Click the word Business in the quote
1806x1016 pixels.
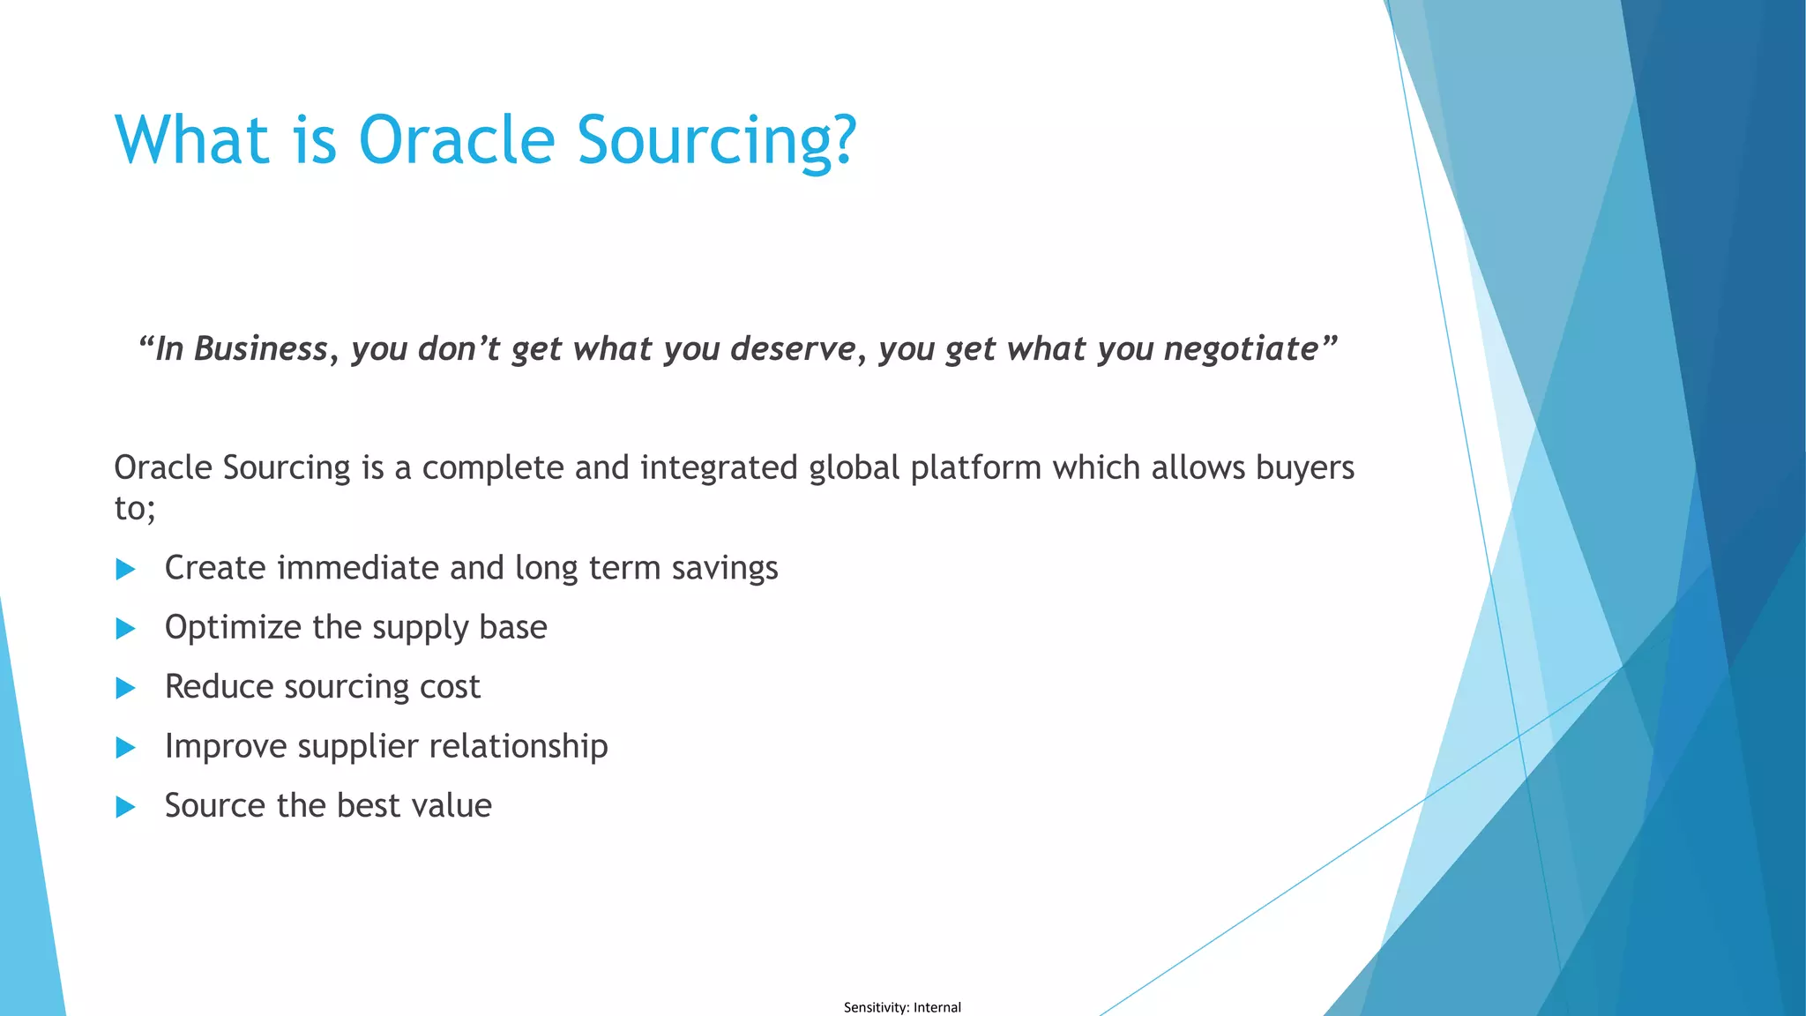point(260,349)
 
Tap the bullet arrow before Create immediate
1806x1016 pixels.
point(125,570)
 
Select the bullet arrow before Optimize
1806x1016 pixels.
point(125,629)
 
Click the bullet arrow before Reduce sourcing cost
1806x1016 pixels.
point(125,688)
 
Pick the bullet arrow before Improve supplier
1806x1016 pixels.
point(125,748)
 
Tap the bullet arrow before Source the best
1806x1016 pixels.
point(125,807)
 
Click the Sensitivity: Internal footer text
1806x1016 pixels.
point(902,1007)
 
